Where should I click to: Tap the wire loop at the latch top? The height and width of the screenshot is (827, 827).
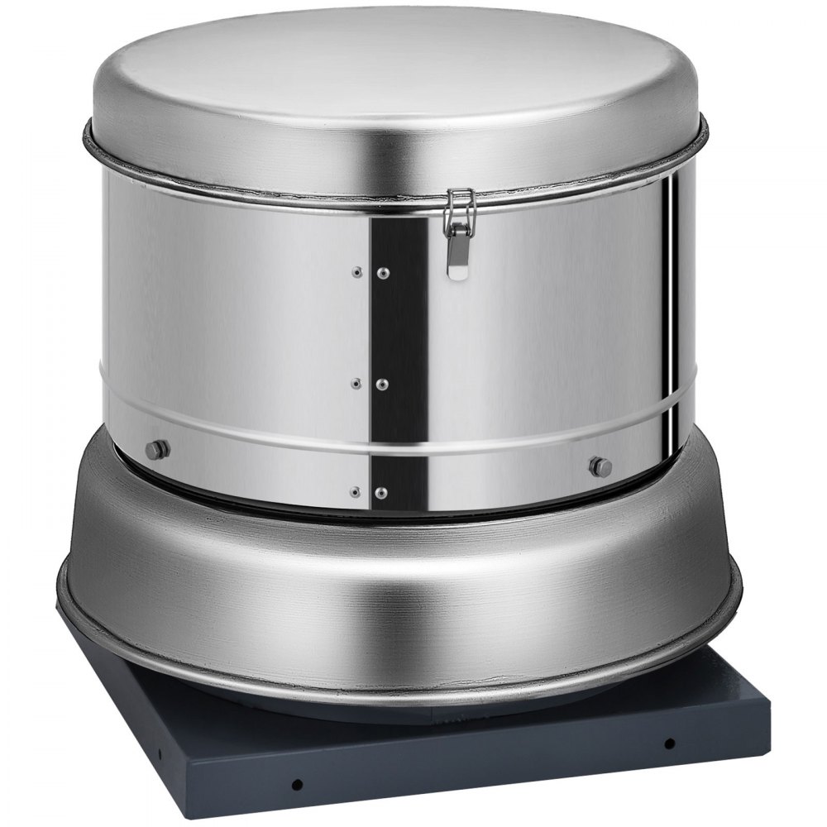coord(455,199)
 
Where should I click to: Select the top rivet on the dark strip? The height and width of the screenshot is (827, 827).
coord(383,272)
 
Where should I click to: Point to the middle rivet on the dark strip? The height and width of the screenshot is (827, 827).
coord(383,383)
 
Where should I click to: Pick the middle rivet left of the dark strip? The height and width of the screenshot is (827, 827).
coord(356,383)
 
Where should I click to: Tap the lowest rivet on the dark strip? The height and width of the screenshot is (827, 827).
coord(381,491)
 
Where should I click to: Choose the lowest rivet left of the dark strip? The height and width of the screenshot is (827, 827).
coord(356,491)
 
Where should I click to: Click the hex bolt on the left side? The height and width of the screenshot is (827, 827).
coord(156,449)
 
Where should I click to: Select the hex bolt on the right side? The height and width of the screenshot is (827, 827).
coord(596,465)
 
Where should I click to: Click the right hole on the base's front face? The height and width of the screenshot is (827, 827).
coord(669,742)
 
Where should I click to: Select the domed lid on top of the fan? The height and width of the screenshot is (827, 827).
coord(397,74)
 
